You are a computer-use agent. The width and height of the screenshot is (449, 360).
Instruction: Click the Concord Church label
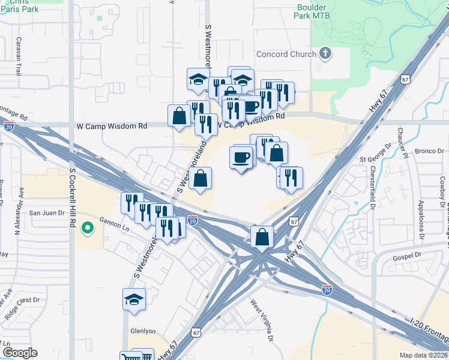coord(286,54)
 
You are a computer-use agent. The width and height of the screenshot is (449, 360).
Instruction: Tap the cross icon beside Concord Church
coord(325,54)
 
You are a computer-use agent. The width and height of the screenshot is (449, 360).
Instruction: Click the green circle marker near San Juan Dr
coord(87,227)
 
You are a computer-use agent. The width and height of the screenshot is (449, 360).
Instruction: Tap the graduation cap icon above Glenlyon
coord(134,299)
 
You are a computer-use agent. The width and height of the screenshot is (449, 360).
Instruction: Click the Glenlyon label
coord(143,331)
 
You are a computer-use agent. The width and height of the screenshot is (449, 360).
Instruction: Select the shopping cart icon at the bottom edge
coord(131,357)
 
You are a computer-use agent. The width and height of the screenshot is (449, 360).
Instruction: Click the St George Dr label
coord(375,160)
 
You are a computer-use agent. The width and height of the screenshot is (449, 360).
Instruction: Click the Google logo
coord(20,353)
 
